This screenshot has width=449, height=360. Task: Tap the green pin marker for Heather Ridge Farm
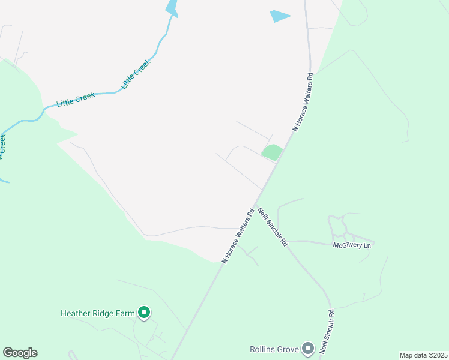point(144,312)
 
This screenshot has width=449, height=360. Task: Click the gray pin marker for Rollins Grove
point(308,348)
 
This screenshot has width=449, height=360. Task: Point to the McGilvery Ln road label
point(353,245)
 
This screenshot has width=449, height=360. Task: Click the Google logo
point(20,353)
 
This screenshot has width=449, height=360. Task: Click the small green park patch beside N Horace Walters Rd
point(271,152)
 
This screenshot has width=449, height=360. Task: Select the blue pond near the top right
point(280,16)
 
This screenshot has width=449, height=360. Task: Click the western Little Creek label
point(76,100)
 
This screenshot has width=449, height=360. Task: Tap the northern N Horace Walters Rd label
point(304,102)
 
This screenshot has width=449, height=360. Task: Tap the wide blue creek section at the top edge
point(172,7)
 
